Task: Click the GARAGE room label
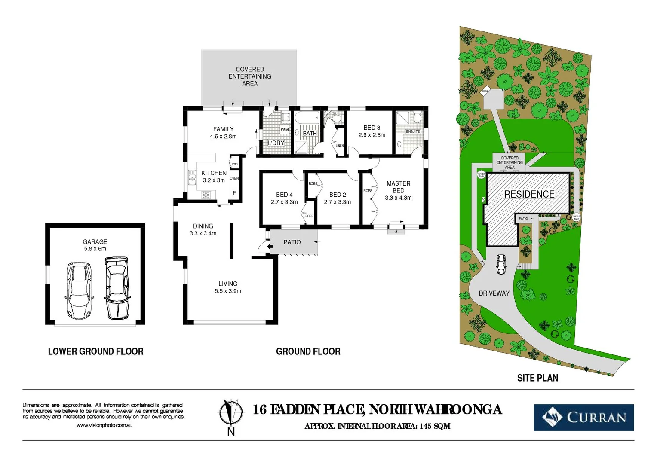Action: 95,242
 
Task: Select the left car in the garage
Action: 79,290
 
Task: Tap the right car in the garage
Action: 117,288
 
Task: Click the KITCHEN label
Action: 214,173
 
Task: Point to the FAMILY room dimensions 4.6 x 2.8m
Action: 223,137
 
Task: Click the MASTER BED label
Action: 398,187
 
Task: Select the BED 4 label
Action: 284,195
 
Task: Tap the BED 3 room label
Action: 371,128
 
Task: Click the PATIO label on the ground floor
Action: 292,242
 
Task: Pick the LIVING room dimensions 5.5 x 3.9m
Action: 228,291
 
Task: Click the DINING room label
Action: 203,226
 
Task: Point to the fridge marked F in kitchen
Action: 234,193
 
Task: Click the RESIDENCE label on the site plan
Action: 529,194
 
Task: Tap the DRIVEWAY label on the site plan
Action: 494,293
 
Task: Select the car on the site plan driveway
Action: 501,264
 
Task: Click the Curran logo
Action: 583,417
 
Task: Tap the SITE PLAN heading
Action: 537,378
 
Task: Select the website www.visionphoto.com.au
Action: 104,425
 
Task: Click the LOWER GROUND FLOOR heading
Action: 95,351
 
